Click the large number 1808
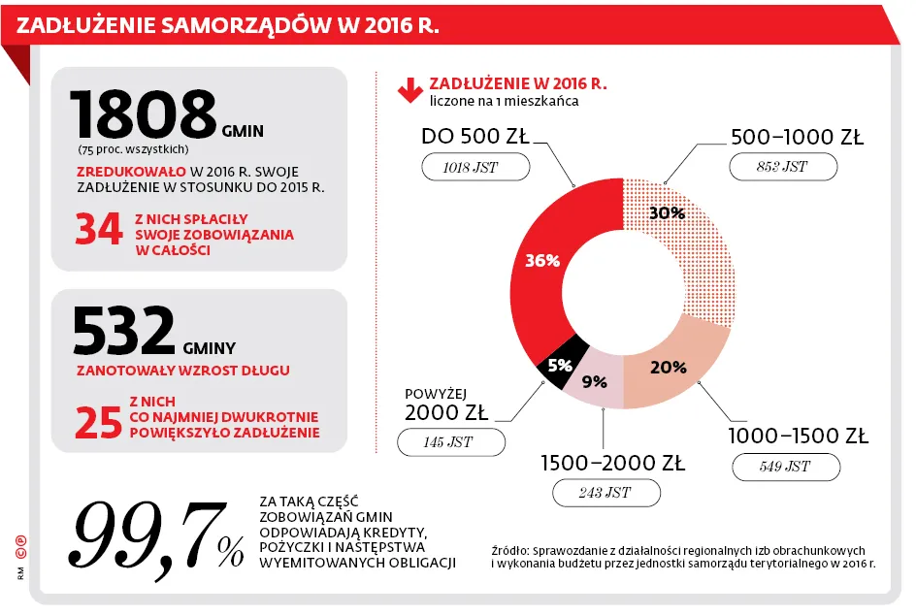point(143,113)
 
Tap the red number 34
point(99,230)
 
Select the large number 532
point(124,331)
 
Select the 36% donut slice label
point(542,260)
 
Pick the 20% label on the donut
point(669,367)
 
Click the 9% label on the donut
point(594,381)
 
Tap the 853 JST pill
point(782,167)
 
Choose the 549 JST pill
point(785,467)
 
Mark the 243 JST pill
point(605,493)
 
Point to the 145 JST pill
point(451,443)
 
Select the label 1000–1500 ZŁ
point(798,435)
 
